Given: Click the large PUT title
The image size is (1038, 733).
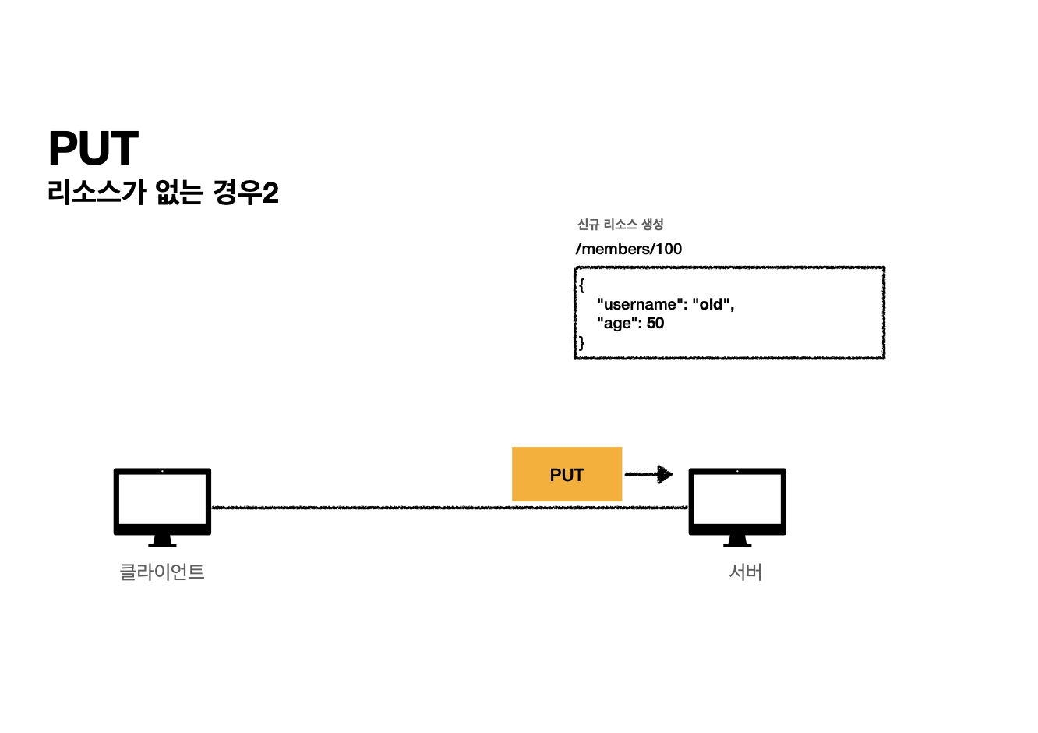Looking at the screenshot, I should point(94,148).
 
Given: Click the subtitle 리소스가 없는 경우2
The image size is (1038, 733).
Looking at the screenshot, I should point(163,192).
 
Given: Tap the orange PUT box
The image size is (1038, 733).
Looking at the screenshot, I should point(567,474).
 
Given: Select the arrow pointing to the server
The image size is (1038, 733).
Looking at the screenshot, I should point(649,474).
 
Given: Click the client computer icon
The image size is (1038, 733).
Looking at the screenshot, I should point(162,501).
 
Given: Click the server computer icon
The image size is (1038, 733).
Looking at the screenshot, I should point(737,501).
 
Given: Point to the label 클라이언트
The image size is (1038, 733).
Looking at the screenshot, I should point(162,572).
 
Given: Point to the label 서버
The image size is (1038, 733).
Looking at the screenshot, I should point(745,572).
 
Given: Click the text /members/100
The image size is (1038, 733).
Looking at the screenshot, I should point(629,249).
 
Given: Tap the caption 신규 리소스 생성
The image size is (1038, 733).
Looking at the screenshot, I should point(620,225).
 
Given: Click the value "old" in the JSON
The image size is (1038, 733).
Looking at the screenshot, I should point(711,304).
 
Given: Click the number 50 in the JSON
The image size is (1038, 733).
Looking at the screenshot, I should point(655,323).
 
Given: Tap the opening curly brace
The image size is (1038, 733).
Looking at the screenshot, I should point(581,285).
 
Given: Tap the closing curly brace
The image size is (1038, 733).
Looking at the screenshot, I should point(581,342).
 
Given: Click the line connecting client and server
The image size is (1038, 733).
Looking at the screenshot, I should point(358,508).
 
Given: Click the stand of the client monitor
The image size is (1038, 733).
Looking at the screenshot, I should point(162,540).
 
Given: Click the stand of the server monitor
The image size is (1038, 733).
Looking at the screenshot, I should point(737,540).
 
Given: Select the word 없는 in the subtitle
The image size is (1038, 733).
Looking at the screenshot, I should point(178,192).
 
